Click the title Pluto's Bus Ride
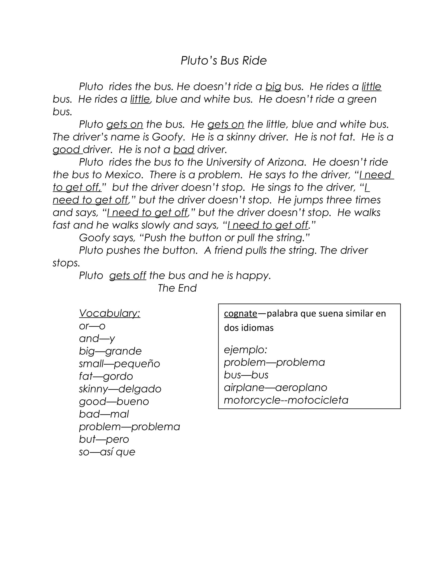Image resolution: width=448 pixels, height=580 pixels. coord(224,61)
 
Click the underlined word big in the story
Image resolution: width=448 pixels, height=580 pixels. coord(273,87)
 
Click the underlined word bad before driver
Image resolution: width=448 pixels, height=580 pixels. coord(184,150)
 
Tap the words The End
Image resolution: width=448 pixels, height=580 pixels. coord(177,288)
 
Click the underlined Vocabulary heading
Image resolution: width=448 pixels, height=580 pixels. coord(109,313)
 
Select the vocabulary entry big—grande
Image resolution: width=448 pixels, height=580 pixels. coord(110,351)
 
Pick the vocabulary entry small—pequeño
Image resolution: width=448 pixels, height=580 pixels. coord(119,364)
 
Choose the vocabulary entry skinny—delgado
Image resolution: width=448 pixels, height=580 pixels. coord(120,389)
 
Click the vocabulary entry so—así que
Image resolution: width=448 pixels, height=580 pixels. coord(107,452)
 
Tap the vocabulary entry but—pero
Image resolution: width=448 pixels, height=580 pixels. coord(104,439)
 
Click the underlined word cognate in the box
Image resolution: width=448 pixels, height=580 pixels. coord(240,314)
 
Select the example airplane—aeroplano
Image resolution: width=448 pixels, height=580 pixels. coord(275,388)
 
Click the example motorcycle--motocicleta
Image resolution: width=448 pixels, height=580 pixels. coord(286,400)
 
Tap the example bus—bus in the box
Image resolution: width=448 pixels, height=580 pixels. coord(246,375)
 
